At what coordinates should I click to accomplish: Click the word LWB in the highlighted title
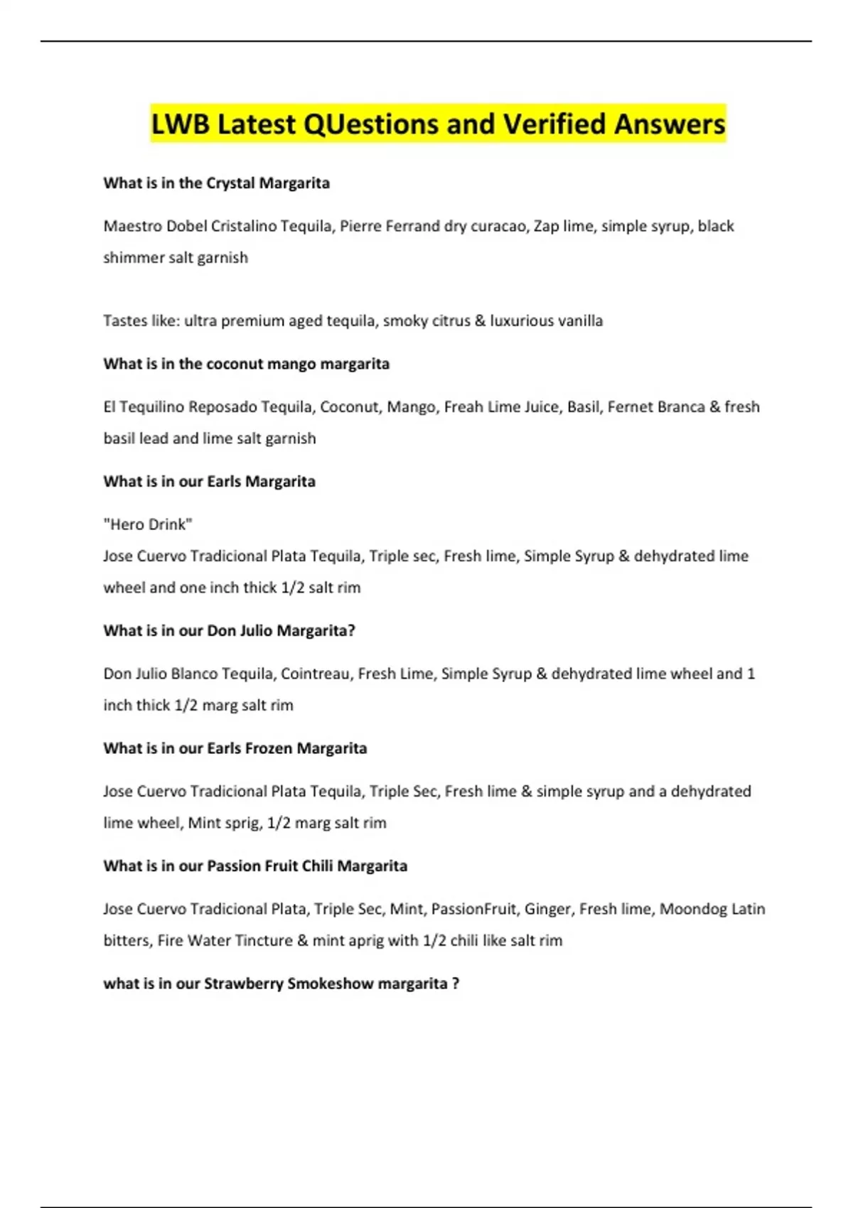coord(181,124)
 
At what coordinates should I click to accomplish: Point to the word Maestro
coord(132,226)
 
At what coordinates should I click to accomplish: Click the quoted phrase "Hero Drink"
coord(148,524)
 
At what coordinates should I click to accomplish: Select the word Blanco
coord(195,674)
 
